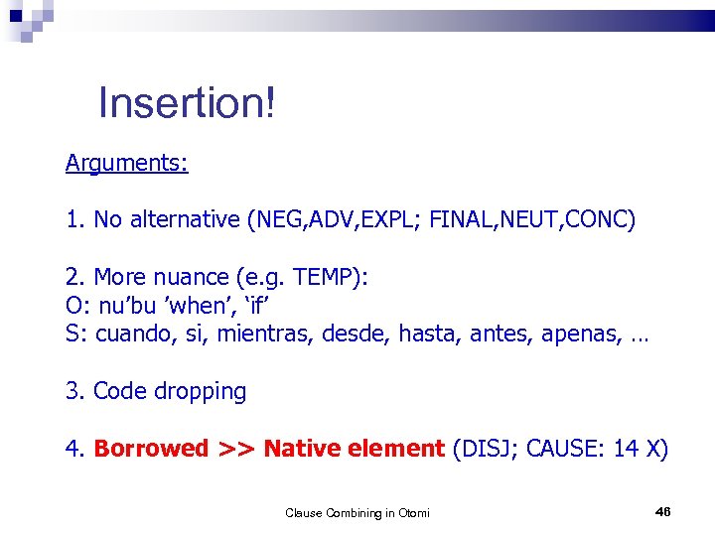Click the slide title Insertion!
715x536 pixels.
(x=186, y=103)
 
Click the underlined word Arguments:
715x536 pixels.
(x=126, y=163)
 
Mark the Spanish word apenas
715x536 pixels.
(x=579, y=335)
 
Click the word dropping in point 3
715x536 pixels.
(x=199, y=391)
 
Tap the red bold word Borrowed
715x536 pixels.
(x=151, y=449)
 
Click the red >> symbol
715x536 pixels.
(x=236, y=449)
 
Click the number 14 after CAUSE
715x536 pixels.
(x=626, y=449)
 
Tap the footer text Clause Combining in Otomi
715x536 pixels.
(x=357, y=512)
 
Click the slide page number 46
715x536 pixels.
(x=663, y=511)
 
